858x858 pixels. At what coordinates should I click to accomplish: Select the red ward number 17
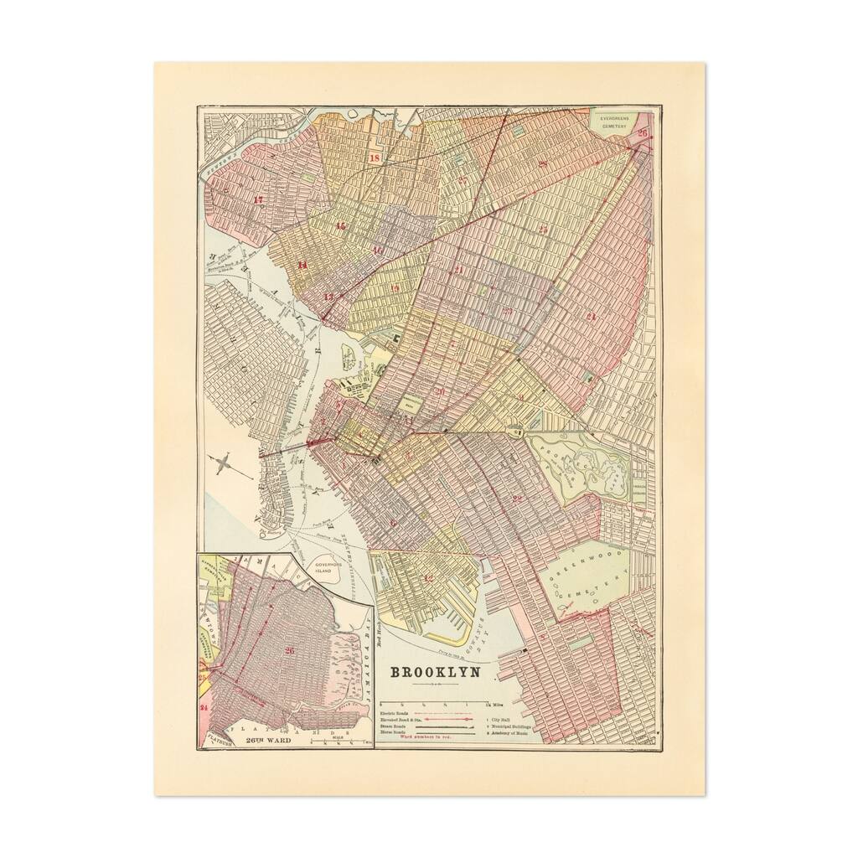coord(258,199)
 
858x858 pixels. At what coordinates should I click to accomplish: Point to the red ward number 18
coord(374,158)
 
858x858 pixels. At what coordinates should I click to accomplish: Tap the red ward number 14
coord(302,266)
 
